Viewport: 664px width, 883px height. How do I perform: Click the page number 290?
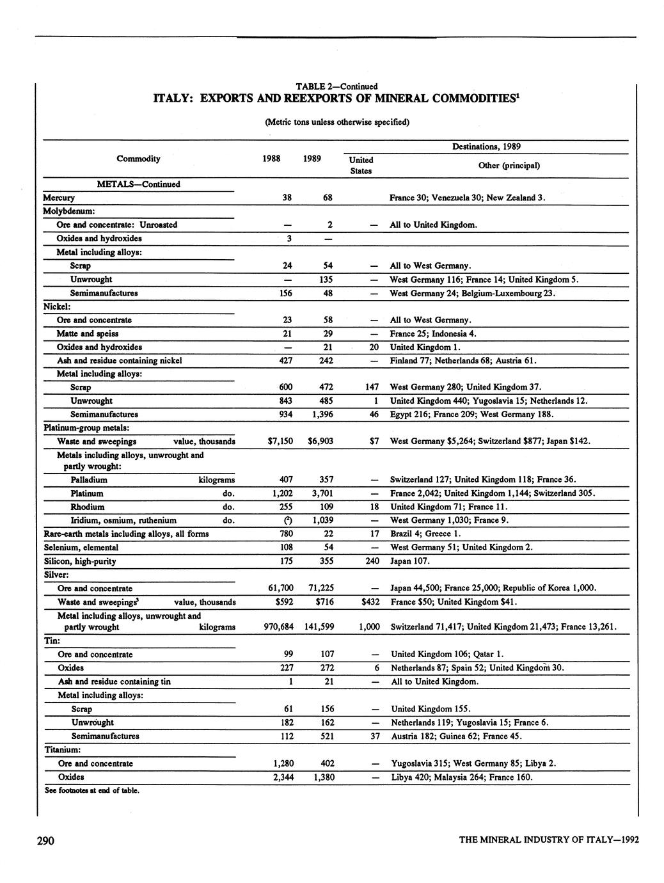[x=44, y=840]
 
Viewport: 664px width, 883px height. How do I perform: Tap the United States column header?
[x=361, y=165]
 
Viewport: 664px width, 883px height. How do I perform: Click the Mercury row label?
[x=59, y=198]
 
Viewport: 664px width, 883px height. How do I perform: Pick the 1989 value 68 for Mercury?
[x=327, y=198]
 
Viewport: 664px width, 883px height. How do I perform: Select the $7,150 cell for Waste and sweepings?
[x=280, y=441]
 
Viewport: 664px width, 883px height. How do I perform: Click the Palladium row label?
[x=89, y=480]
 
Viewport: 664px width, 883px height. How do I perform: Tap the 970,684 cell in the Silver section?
[x=278, y=627]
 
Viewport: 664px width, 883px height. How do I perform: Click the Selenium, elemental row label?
[x=81, y=547]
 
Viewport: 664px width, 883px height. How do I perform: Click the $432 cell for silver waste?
[x=370, y=601]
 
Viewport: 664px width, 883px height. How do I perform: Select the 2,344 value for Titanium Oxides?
[x=281, y=777]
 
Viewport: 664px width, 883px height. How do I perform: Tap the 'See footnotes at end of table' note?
[x=91, y=790]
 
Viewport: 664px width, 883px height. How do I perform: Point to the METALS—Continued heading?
[x=138, y=184]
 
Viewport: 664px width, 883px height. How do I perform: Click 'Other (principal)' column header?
[x=509, y=165]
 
